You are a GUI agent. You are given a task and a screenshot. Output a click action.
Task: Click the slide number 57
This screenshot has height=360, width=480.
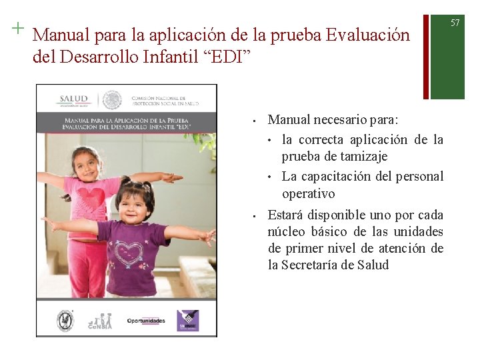click(455, 23)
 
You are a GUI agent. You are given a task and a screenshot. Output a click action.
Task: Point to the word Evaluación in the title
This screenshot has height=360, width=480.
click(367, 35)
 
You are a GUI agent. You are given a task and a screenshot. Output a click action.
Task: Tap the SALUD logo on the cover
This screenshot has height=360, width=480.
click(73, 100)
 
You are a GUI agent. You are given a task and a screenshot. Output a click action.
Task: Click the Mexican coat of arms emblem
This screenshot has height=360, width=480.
click(112, 100)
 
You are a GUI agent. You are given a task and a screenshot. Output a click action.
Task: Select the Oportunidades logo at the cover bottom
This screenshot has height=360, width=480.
click(146, 321)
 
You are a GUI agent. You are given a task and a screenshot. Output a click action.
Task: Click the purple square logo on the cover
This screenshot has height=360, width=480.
click(188, 320)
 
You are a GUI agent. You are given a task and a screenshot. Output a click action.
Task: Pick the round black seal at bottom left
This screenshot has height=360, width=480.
click(65, 320)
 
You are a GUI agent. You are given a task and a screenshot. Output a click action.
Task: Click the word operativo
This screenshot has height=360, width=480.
click(309, 194)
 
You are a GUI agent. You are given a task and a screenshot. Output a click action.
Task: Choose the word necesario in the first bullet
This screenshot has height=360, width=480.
click(339, 120)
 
